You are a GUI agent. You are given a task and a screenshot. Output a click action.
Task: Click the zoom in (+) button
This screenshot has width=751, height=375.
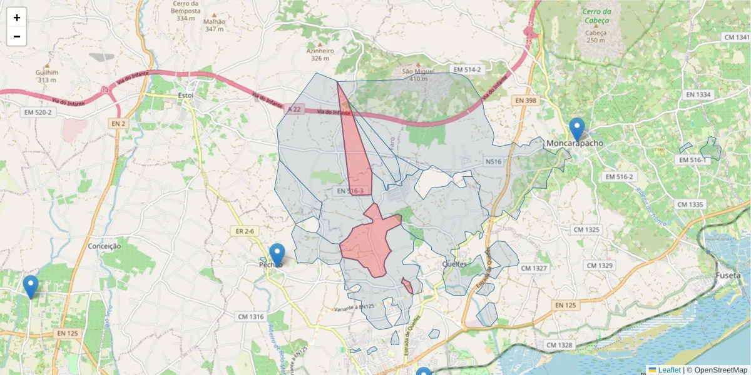(17, 17)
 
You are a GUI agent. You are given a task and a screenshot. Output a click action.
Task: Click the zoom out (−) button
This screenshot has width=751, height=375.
(17, 36)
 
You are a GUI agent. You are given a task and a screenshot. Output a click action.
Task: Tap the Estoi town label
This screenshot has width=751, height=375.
(186, 95)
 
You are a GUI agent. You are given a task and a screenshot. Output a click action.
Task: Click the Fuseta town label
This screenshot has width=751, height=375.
(728, 276)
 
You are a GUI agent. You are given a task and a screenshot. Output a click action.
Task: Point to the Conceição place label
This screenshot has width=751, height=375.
(105, 246)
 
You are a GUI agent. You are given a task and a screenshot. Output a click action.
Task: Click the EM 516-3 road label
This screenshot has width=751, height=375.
(350, 191)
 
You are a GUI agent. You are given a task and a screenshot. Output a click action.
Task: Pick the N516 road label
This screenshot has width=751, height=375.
(494, 161)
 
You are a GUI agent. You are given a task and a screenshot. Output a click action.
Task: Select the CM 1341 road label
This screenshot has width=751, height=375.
(736, 37)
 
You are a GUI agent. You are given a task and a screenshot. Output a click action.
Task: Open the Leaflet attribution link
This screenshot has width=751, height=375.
(668, 370)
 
